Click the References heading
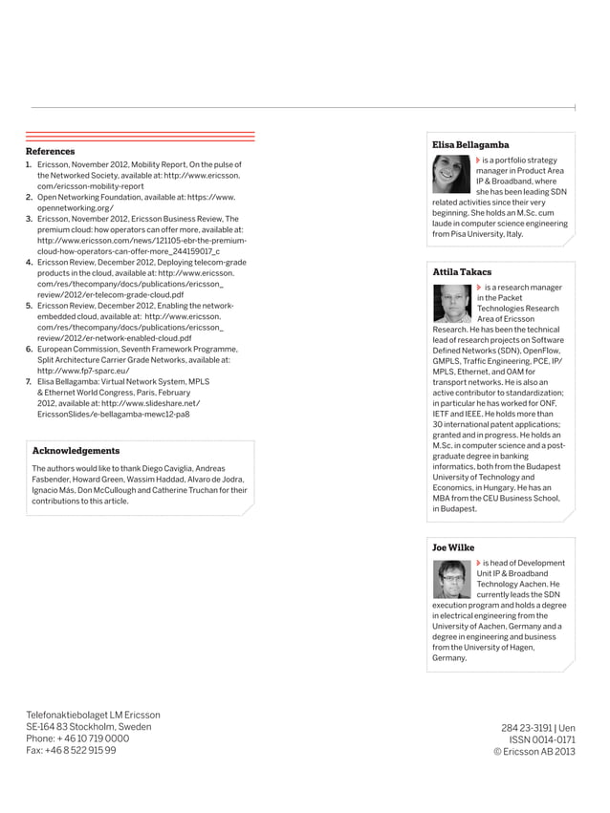pos(50,151)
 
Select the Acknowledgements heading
pos(76,450)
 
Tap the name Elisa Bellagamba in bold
pos(470,144)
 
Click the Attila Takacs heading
pos(462,272)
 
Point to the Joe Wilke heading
pos(453,547)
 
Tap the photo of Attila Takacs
pos(451,303)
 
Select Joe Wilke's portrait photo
pos(451,579)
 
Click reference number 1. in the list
pos(30,164)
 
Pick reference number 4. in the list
pos(30,262)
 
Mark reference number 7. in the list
pos(30,381)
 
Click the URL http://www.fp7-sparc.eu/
pos(84,371)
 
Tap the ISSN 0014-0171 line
pos(541,739)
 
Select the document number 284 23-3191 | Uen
pos(538,727)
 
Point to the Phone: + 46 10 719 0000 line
pos(77,738)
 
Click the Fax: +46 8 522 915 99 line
pos(71,751)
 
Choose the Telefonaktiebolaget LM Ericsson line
pos(93,715)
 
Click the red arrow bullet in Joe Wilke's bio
pos(478,563)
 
